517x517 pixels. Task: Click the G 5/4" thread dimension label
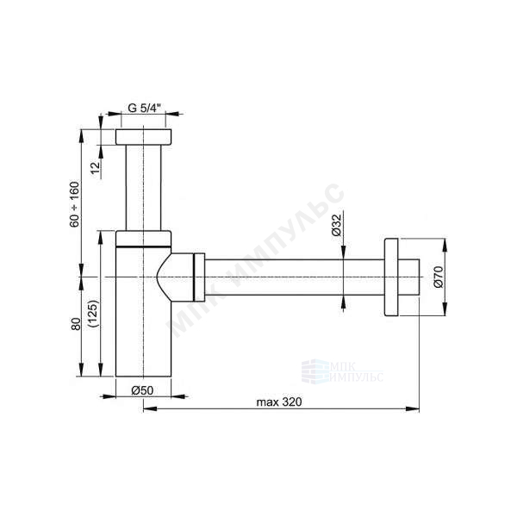pos(144,108)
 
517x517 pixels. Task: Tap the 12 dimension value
pos(95,168)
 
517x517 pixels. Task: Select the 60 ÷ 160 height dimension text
pos(74,204)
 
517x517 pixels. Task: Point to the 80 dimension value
pos(76,324)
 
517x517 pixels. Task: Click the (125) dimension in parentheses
pos(93,314)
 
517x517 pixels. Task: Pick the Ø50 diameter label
pos(142,390)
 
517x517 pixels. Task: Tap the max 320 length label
pos(279,402)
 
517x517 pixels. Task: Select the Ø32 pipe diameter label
pos(336,225)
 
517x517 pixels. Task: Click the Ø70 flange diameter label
pos(439,277)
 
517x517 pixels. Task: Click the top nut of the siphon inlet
pos(143,137)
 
